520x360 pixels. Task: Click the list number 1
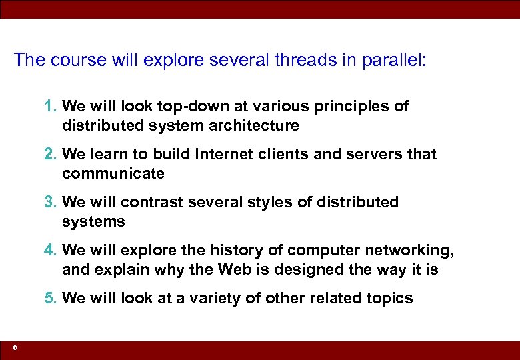point(51,106)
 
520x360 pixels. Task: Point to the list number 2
point(51,154)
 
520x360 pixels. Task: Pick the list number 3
point(51,202)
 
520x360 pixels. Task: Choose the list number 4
point(51,250)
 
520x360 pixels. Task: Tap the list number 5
point(51,298)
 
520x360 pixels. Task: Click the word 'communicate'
point(113,173)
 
